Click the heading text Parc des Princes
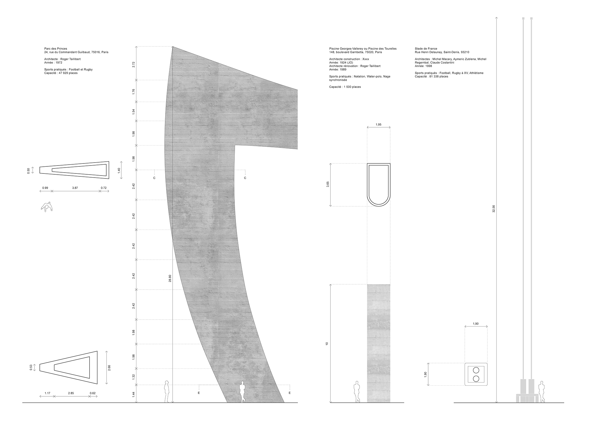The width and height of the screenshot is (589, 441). point(56,49)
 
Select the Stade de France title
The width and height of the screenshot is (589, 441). point(426,49)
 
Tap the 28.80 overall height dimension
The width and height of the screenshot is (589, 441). point(170,278)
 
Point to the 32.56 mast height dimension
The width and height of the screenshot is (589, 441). point(494,208)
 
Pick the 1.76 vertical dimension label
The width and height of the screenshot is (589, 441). point(134,91)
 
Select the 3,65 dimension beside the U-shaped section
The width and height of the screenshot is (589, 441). point(328,185)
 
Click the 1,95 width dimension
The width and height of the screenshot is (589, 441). point(379,125)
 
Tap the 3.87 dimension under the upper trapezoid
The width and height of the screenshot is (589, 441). point(75,188)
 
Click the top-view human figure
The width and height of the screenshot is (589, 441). point(47,207)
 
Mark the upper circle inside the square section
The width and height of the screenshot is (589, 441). point(476,370)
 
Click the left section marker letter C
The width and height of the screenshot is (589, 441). point(154,178)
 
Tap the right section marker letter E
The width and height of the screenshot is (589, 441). point(289,393)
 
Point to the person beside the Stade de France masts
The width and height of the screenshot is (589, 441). point(541,392)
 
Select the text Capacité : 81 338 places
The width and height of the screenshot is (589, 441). point(431,76)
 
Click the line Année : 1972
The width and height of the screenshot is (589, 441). point(53,63)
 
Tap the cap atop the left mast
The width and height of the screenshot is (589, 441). point(523,18)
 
